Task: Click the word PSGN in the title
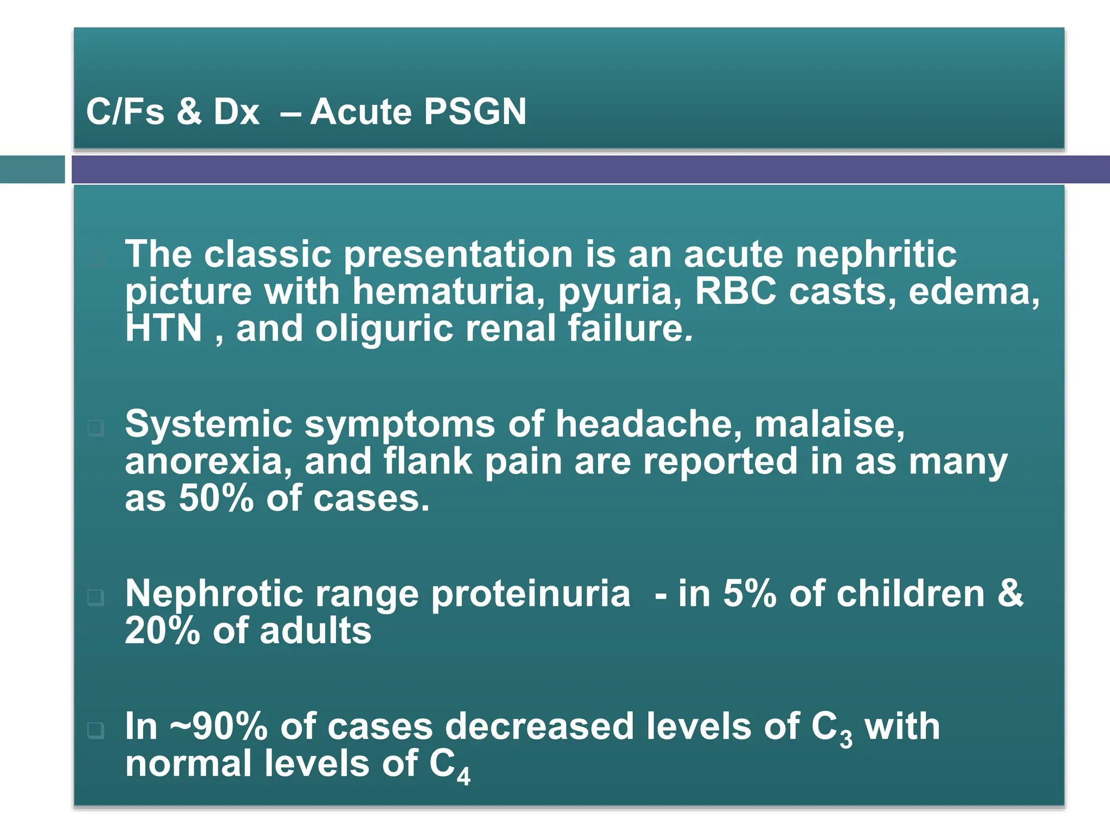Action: click(475, 112)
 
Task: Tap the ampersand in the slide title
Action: click(189, 112)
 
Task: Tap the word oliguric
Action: click(384, 330)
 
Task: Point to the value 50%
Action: click(216, 498)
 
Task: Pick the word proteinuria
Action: click(531, 594)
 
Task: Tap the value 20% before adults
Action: click(162, 631)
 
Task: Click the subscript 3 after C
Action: click(846, 739)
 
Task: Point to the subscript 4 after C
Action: click(463, 777)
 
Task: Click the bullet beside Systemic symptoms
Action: click(95, 428)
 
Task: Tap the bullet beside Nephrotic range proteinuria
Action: click(95, 598)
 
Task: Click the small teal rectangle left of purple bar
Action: click(32, 169)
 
